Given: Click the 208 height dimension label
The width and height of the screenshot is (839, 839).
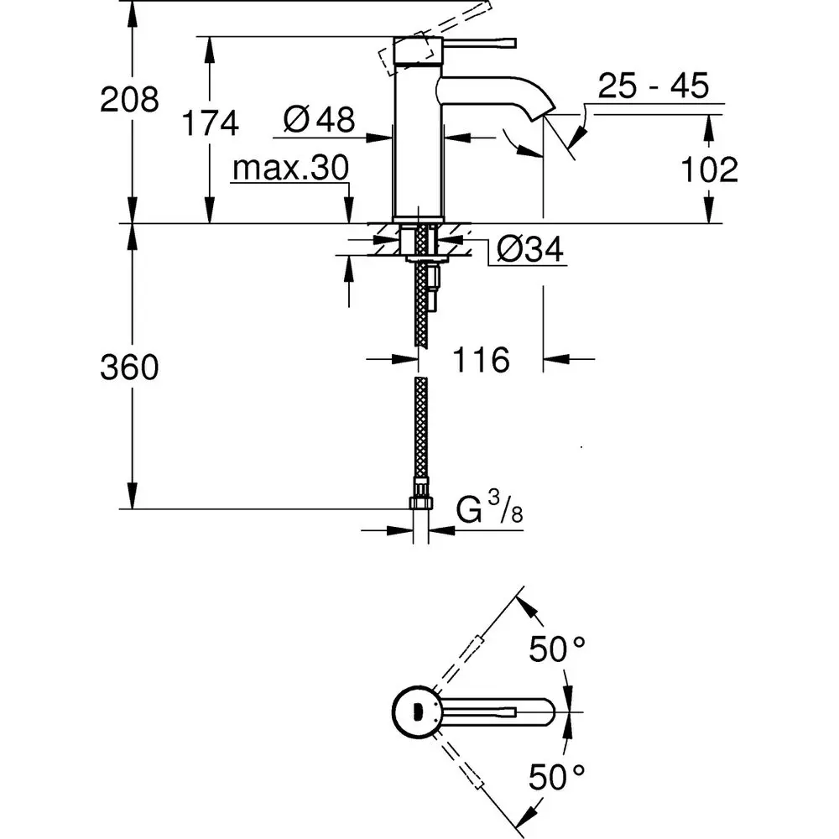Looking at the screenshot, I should [x=129, y=101].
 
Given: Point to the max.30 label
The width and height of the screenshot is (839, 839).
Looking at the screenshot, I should [x=289, y=169].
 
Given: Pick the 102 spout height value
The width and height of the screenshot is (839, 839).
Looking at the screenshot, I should [x=710, y=170].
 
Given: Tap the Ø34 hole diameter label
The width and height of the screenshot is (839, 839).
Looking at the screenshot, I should [x=529, y=249].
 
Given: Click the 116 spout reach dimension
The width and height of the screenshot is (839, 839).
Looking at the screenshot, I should [x=482, y=361].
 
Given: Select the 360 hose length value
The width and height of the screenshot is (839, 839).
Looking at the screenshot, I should [x=129, y=367].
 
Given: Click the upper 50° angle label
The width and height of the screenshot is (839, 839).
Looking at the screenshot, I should [x=556, y=649].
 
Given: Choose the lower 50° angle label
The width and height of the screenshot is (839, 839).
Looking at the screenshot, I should [x=556, y=778].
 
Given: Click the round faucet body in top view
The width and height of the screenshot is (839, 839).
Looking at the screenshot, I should [x=414, y=712].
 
